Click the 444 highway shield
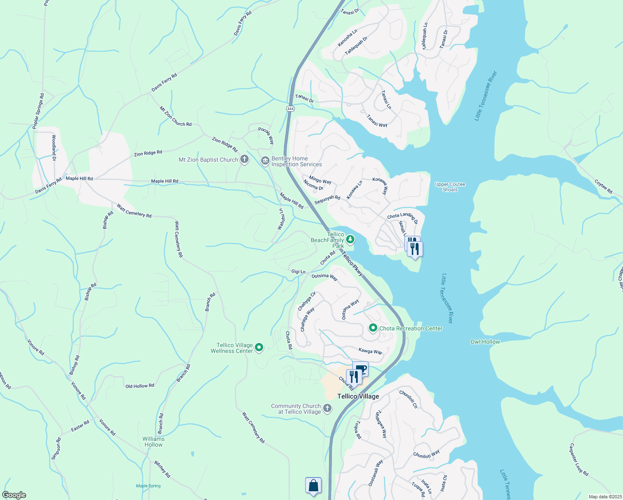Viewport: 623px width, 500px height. click(290, 109)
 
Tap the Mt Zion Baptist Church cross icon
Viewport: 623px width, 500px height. click(244, 160)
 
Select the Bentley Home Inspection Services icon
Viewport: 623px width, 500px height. click(265, 161)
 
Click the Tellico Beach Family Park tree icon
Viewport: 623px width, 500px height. click(351, 239)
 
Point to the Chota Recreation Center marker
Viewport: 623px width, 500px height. click(373, 328)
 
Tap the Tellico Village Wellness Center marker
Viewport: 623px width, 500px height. click(259, 347)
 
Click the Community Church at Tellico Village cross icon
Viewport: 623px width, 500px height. click(327, 408)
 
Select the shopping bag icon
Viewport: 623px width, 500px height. click(313, 485)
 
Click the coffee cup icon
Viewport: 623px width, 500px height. click(361, 368)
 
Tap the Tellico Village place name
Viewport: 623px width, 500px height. click(358, 396)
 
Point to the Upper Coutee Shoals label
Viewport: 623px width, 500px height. click(450, 187)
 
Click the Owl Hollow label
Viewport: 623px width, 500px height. click(485, 342)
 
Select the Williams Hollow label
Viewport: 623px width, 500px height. click(153, 442)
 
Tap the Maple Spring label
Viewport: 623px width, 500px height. click(148, 486)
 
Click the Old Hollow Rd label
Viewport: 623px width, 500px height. click(140, 386)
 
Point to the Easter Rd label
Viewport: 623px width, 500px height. click(80, 426)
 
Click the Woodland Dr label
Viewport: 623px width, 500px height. click(54, 148)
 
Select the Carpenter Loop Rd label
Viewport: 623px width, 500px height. click(578, 460)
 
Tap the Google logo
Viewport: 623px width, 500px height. click(14, 495)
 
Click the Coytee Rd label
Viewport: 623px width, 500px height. click(603, 186)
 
